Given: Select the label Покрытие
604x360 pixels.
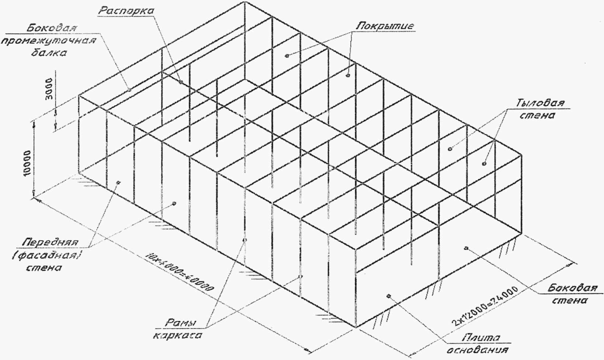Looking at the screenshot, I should [x=385, y=26].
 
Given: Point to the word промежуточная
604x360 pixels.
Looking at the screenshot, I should [x=49, y=40].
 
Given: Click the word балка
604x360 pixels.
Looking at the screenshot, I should [x=49, y=52].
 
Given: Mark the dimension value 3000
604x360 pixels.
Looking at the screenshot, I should [x=50, y=90].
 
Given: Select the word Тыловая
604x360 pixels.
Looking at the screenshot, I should [x=540, y=103].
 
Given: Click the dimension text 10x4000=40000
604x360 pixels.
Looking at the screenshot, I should [x=180, y=271].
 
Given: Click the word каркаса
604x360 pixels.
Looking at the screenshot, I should [x=177, y=336].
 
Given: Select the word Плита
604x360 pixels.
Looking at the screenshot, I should [x=482, y=337].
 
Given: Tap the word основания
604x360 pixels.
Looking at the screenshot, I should [x=478, y=350].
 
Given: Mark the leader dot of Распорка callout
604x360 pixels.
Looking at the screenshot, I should [x=181, y=82].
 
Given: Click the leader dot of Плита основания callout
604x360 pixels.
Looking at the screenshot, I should [x=388, y=295].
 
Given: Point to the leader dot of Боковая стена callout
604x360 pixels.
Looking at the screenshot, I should [x=466, y=248].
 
